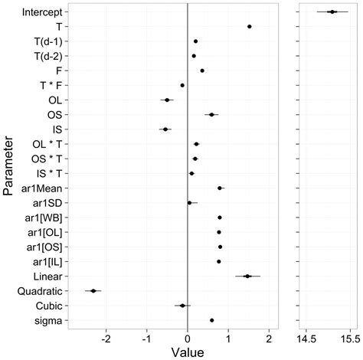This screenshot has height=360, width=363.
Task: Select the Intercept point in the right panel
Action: pos(332,11)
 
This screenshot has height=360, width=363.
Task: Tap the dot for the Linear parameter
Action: pos(247,276)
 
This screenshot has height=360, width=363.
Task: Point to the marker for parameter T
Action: pos(249,27)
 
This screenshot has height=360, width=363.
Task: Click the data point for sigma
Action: pos(212,320)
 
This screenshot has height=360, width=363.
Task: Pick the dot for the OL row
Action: pos(167,100)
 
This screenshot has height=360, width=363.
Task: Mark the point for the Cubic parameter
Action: pos(182,306)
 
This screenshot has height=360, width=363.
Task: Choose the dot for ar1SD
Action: pos(190,203)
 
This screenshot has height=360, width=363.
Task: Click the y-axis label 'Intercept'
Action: pos(43,12)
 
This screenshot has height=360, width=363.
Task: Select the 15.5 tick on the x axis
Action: pos(349,338)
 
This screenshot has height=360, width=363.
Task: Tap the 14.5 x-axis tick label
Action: pos(306,338)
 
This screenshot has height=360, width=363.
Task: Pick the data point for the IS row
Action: pos(165,129)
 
